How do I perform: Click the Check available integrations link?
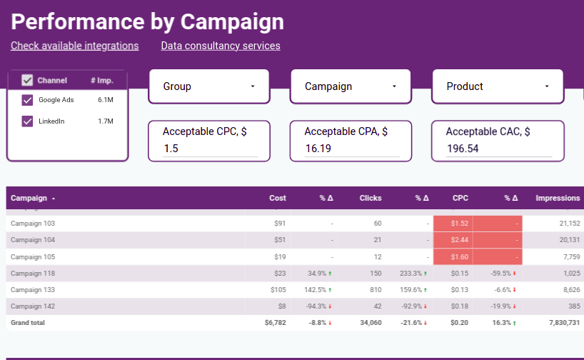pyautogui.click(x=74, y=46)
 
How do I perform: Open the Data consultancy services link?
pyautogui.click(x=221, y=46)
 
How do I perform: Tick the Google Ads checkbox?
pyautogui.click(x=28, y=100)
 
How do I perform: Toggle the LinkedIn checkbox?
pyautogui.click(x=28, y=121)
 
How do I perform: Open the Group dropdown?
pyautogui.click(x=208, y=86)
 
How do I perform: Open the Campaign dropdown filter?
pyautogui.click(x=350, y=86)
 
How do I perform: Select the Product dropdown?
pyautogui.click(x=497, y=86)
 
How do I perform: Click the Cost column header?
pyautogui.click(x=277, y=198)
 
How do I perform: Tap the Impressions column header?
pyautogui.click(x=558, y=198)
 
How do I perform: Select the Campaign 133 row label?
pyautogui.click(x=33, y=289)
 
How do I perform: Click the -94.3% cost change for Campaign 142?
pyautogui.click(x=320, y=306)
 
